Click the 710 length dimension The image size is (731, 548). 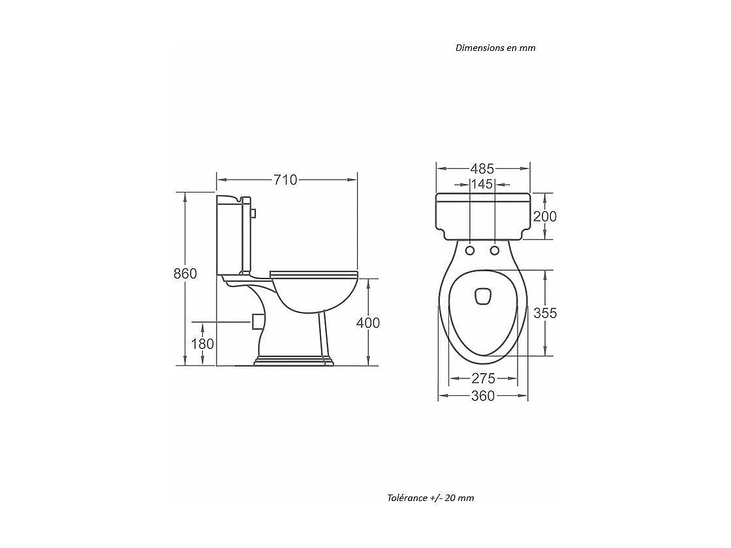[285, 179]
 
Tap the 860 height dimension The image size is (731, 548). [185, 273]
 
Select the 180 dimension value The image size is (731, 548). [203, 344]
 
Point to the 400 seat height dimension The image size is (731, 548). [368, 322]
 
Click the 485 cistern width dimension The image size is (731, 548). [482, 168]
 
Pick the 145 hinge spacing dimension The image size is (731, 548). [482, 184]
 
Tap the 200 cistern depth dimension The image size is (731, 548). [545, 216]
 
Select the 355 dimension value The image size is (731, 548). [545, 312]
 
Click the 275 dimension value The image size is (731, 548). [483, 378]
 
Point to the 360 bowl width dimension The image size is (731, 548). [483, 395]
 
